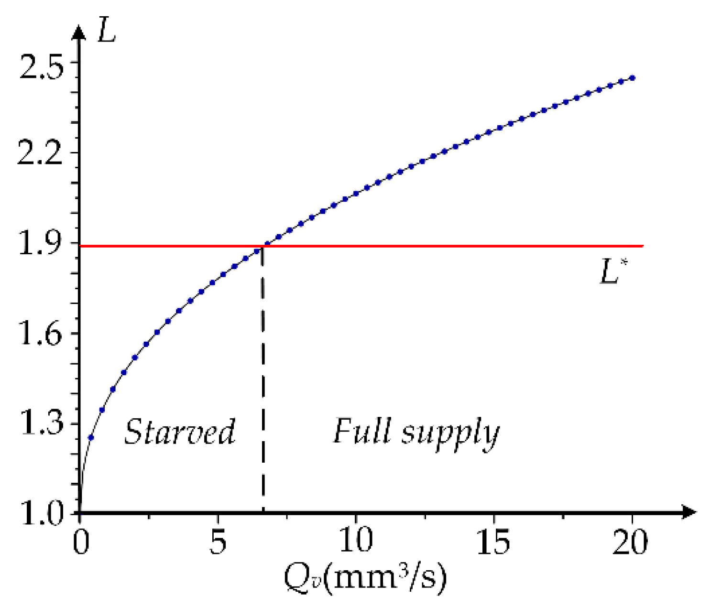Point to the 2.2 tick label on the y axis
click(40, 154)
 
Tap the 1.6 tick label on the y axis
click(40, 334)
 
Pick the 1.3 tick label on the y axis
click(40, 424)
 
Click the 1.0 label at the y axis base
click(40, 515)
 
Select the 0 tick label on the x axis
click(81, 542)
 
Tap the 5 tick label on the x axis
click(218, 542)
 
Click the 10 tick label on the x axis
click(356, 542)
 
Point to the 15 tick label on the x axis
click(493, 542)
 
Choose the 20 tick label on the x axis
click(630, 542)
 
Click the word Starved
click(180, 432)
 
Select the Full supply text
click(416, 432)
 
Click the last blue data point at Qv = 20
click(632, 78)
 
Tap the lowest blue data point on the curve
click(91, 438)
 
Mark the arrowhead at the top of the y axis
click(79, 33)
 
